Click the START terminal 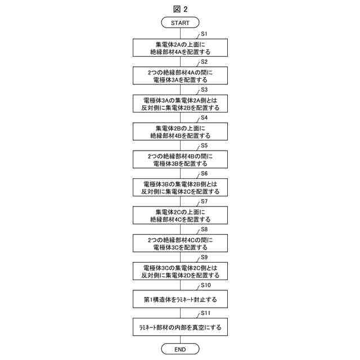[180, 22]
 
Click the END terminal [180, 349]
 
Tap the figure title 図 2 [180, 8]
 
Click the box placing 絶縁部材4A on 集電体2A [180, 47]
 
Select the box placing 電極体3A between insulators [180, 75]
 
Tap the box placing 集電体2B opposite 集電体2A [180, 103]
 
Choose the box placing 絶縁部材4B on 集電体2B [180, 131]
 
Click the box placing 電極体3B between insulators [180, 159]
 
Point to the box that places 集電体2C [180, 187]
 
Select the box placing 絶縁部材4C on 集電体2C [180, 215]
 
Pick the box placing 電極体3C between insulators [180, 243]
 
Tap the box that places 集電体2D [180, 271]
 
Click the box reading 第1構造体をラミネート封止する [180, 299]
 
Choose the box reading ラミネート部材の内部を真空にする [180, 327]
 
